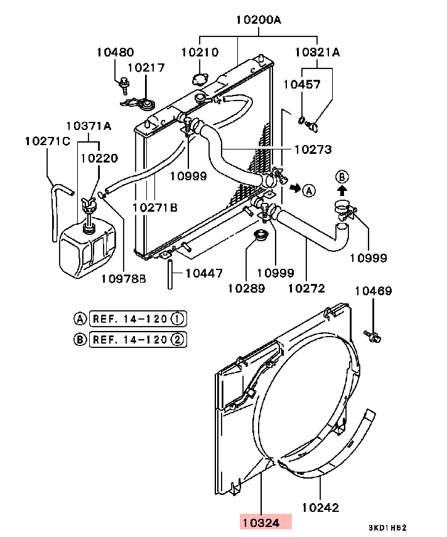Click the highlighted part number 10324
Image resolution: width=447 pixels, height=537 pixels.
point(266,521)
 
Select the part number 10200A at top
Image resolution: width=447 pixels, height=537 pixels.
point(259,19)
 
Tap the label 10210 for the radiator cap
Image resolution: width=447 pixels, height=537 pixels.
point(200,53)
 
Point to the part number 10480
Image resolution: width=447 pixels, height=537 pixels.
point(115,53)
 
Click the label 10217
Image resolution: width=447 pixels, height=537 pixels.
point(146,67)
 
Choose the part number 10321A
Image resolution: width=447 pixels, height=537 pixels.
point(318,53)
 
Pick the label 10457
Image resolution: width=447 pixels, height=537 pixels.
point(301,84)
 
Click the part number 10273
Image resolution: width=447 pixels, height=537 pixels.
point(313,149)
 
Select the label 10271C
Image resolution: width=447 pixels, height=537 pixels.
point(48,141)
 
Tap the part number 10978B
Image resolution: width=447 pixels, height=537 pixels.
point(124,278)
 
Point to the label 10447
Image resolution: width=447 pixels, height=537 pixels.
point(204,273)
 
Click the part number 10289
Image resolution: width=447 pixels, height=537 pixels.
point(246,288)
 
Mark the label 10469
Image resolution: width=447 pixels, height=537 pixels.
point(374,291)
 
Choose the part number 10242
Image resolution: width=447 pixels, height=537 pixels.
point(321,507)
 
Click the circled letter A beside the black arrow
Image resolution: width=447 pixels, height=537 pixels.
point(309,190)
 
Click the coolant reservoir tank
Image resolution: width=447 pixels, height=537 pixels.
point(86,249)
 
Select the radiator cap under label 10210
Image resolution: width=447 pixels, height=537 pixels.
point(200,80)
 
